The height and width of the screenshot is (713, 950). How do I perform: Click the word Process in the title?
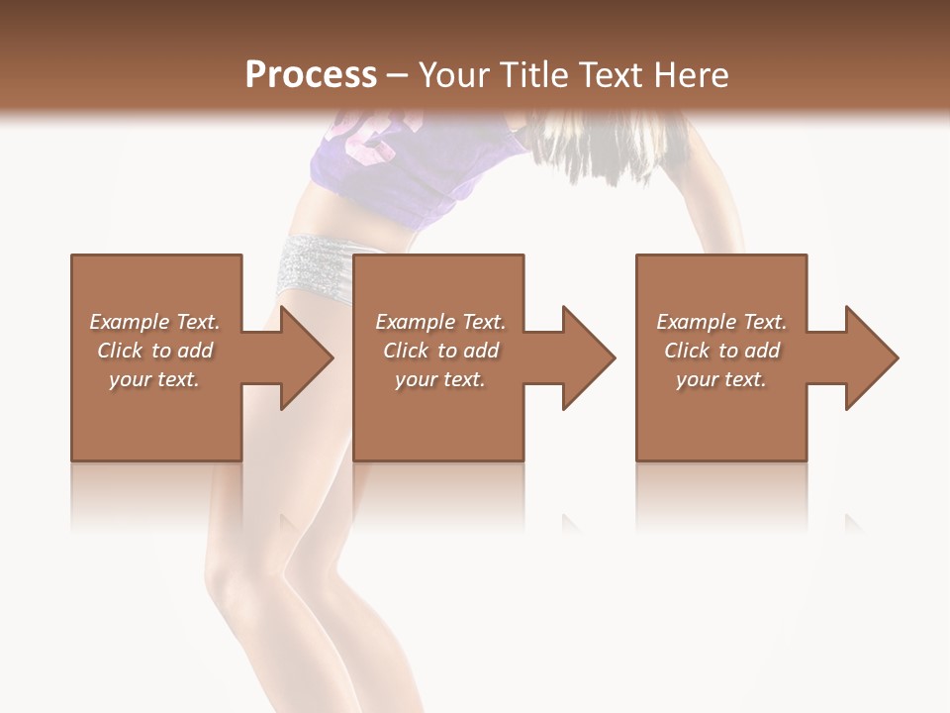coord(311,75)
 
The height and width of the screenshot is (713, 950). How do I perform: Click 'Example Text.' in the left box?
coord(154,322)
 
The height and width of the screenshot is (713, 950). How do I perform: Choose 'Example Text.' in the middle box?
coord(440,322)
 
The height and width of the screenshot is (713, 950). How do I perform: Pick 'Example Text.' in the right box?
coord(721,322)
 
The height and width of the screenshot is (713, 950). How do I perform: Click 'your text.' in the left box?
coord(154,379)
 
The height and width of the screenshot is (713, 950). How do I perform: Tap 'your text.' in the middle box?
coord(440,379)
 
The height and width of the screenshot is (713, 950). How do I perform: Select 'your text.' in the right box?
coord(721,379)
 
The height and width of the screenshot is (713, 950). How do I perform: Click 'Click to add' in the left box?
coord(154,351)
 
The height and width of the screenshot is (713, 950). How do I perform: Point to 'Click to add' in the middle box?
coord(440,351)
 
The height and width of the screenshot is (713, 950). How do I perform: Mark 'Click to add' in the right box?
coord(721,351)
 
